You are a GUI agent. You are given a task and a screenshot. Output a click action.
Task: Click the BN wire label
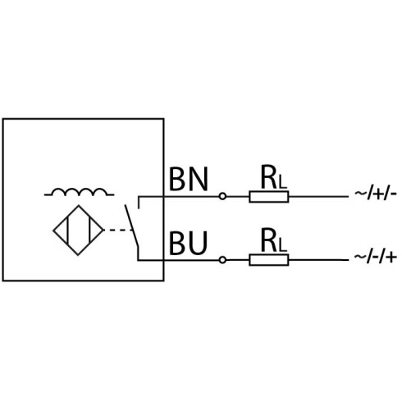pyautogui.click(x=189, y=179)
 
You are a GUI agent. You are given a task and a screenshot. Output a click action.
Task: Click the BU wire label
pyautogui.click(x=188, y=243)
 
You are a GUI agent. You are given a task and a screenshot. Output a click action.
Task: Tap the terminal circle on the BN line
pyautogui.click(x=222, y=196)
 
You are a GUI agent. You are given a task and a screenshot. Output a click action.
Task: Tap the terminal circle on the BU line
pyautogui.click(x=222, y=260)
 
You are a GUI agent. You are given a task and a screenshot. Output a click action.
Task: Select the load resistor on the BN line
pyautogui.click(x=269, y=197)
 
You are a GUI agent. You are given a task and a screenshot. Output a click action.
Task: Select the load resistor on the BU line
pyautogui.click(x=269, y=260)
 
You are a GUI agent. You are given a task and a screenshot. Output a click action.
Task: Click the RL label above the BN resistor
pyautogui.click(x=273, y=177)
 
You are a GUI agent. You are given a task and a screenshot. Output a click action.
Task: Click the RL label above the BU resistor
pyautogui.click(x=273, y=240)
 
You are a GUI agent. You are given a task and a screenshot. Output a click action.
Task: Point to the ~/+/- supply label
pyautogui.click(x=376, y=194)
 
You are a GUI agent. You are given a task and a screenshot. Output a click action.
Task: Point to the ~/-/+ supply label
pyautogui.click(x=375, y=257)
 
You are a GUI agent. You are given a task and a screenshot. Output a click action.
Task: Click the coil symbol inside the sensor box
pyautogui.click(x=79, y=192)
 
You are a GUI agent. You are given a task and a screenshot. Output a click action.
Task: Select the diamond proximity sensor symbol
pyautogui.click(x=79, y=231)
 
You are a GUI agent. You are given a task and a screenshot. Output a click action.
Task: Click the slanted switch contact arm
pyautogui.click(x=132, y=226)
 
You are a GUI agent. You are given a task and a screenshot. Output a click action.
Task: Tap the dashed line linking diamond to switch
pyautogui.click(x=118, y=231)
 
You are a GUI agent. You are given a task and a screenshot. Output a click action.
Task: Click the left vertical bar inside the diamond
pyautogui.click(x=67, y=231)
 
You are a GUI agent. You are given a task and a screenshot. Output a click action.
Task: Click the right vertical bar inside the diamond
pyautogui.click(x=89, y=231)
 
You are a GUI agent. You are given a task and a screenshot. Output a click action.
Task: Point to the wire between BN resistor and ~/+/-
pyautogui.click(x=318, y=197)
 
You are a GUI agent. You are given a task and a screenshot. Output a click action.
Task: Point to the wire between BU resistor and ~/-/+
pyautogui.click(x=318, y=260)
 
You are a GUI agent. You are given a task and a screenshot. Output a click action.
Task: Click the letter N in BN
pyautogui.click(x=198, y=179)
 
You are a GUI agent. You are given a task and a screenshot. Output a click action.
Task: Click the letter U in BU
pyautogui.click(x=198, y=243)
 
